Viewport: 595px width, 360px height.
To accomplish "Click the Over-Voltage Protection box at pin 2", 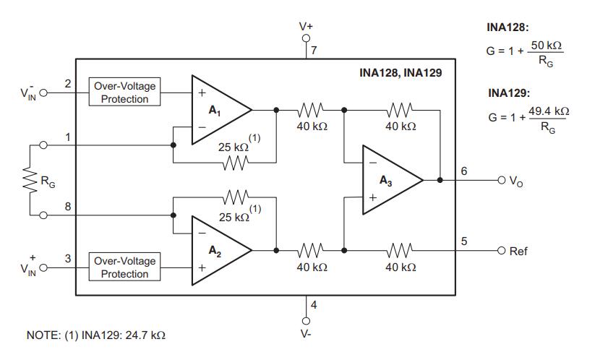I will [124, 93].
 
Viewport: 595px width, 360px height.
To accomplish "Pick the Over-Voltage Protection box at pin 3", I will [124, 267].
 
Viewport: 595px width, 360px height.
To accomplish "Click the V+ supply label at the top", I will [306, 26].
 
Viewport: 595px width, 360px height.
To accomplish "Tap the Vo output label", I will [515, 181].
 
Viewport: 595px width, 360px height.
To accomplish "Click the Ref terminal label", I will [518, 251].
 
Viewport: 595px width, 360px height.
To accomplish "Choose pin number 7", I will [314, 50].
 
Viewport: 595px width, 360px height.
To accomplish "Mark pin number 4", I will [314, 304].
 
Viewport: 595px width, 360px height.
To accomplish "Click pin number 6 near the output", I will [463, 171].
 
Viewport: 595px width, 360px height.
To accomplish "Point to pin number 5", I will [463, 241].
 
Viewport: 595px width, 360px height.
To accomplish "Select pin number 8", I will [68, 205].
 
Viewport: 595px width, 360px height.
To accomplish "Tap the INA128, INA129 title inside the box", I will [400, 73].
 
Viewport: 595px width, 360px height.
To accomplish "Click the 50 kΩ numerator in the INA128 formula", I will [546, 46].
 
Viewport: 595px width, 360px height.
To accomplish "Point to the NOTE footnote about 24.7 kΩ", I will [95, 336].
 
